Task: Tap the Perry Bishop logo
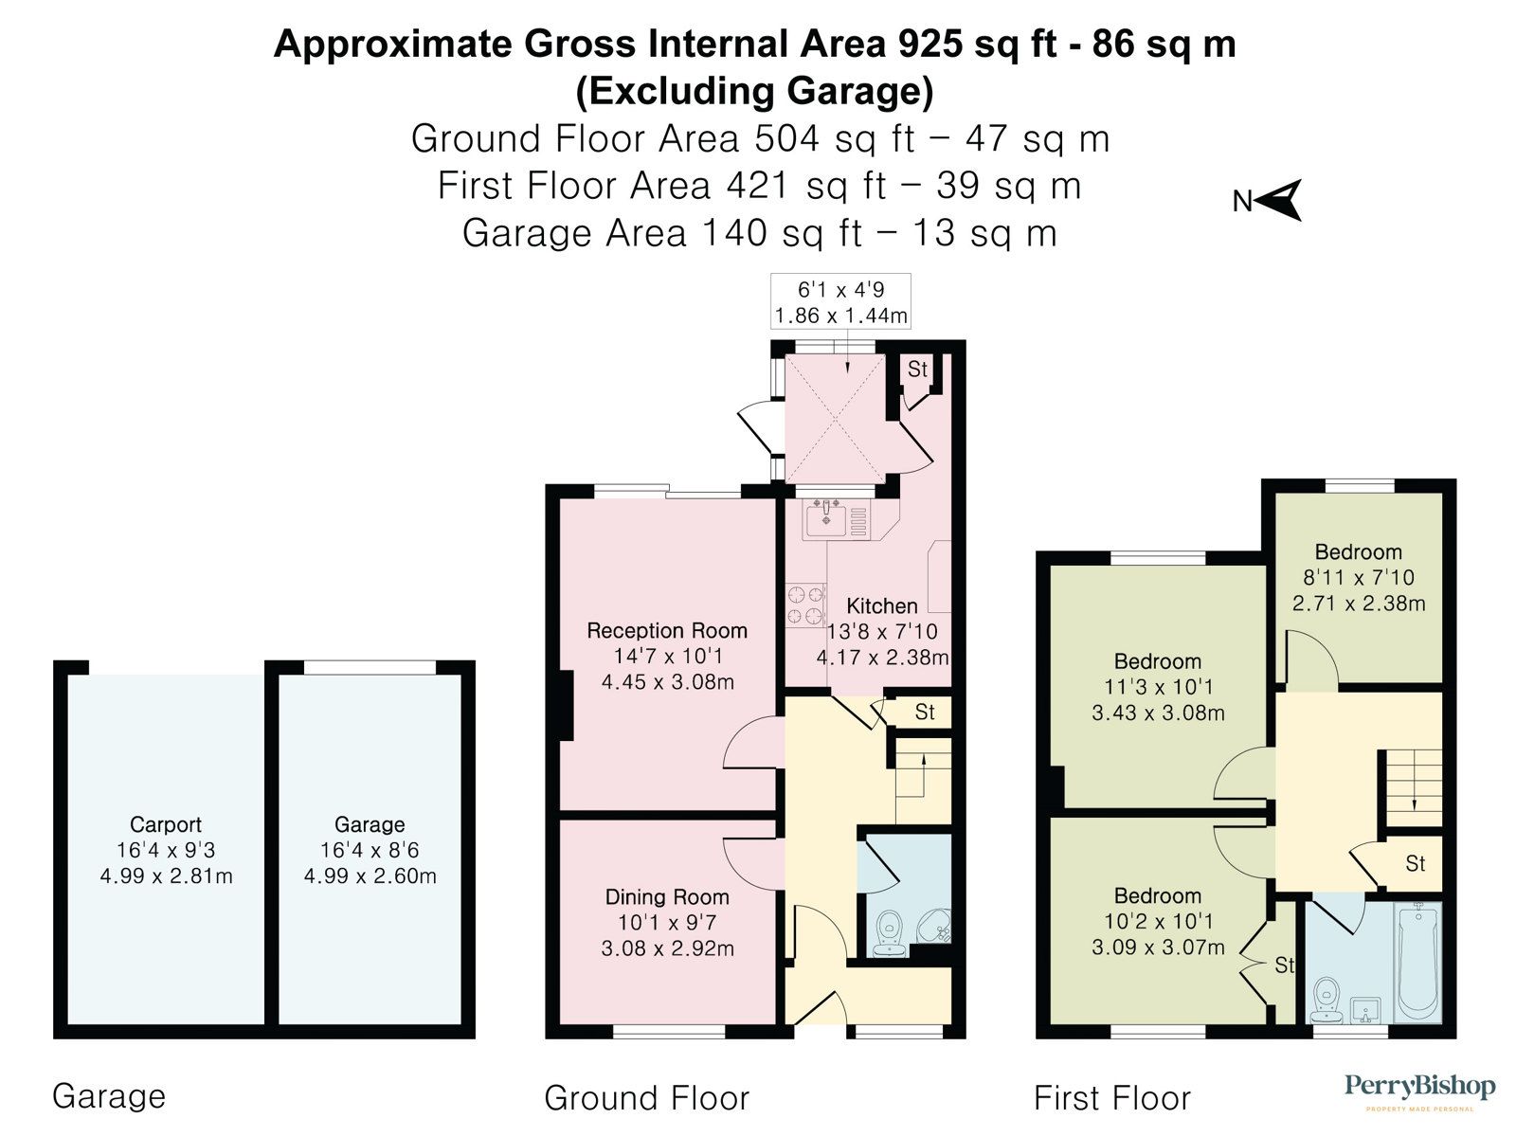(1420, 1089)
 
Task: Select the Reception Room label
(667, 631)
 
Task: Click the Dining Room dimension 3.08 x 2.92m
(667, 948)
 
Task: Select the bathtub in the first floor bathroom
(1417, 962)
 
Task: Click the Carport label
(166, 824)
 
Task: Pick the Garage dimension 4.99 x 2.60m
(370, 876)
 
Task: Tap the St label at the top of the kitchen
(917, 370)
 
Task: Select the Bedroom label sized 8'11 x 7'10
(1358, 552)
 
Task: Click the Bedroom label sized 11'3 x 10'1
(1157, 662)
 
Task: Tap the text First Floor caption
(1111, 1098)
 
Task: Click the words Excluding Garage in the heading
(754, 92)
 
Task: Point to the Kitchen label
(881, 606)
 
